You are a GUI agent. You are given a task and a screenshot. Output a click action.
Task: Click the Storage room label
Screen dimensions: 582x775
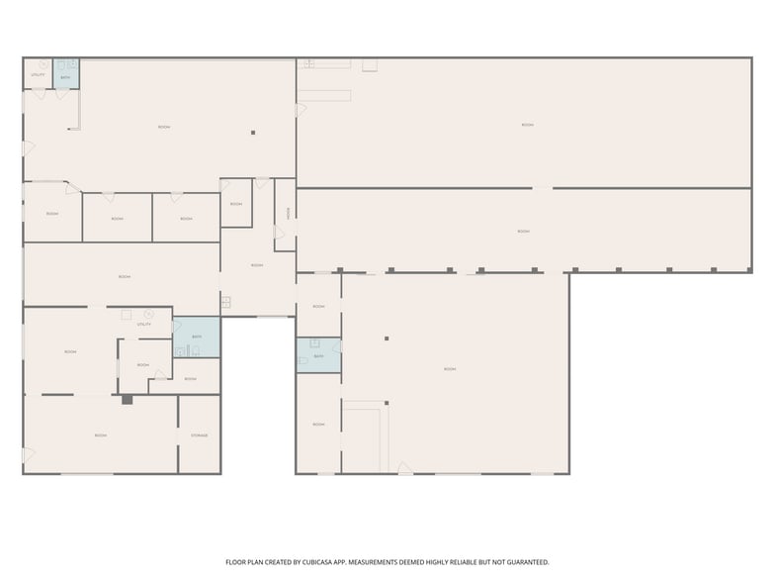tap(199, 436)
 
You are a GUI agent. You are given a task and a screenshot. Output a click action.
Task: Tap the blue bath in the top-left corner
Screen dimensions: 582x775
tap(66, 74)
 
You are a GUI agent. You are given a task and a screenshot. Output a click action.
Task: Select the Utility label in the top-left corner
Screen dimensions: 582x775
tap(38, 74)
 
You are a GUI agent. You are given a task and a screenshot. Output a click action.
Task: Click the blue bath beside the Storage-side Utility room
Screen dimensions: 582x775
tap(197, 338)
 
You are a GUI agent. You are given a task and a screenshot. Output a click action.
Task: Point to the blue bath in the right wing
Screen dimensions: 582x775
tap(318, 355)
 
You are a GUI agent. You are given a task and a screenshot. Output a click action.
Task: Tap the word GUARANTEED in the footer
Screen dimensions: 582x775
tap(524, 561)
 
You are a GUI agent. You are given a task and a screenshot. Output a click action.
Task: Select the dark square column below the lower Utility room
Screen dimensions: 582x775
tap(127, 400)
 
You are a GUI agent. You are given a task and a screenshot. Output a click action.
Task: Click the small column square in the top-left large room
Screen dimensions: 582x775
tap(253, 132)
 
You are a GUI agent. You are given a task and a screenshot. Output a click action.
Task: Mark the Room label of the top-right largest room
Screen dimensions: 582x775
tap(528, 125)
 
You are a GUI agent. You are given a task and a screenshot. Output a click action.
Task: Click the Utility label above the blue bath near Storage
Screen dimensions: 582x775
tap(144, 325)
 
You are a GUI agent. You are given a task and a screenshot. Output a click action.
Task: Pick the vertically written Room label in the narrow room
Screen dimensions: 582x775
tap(288, 212)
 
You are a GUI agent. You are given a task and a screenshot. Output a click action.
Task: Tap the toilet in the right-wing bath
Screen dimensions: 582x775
tap(303, 361)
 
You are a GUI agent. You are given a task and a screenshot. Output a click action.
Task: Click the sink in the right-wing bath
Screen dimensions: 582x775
tap(314, 343)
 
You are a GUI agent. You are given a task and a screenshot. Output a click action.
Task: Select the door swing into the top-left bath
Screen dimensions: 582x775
tap(64, 95)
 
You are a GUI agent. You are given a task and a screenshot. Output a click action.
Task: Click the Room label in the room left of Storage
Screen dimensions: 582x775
tap(100, 436)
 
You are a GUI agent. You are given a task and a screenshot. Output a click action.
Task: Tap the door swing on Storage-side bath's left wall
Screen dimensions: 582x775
tap(177, 327)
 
